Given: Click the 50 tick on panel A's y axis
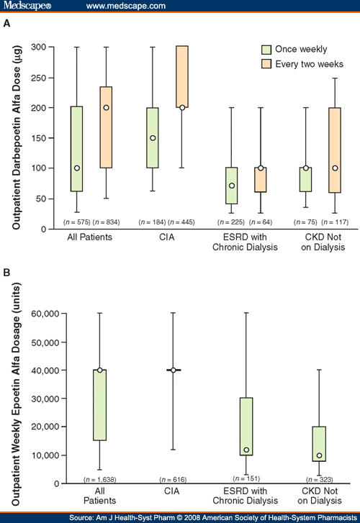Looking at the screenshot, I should (50, 199).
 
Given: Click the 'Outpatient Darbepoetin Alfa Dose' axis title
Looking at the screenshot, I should (14, 137).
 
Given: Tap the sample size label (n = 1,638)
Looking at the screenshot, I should (101, 478).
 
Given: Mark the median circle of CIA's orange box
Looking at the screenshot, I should (182, 107).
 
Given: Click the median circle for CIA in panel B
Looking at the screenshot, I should (174, 370).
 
